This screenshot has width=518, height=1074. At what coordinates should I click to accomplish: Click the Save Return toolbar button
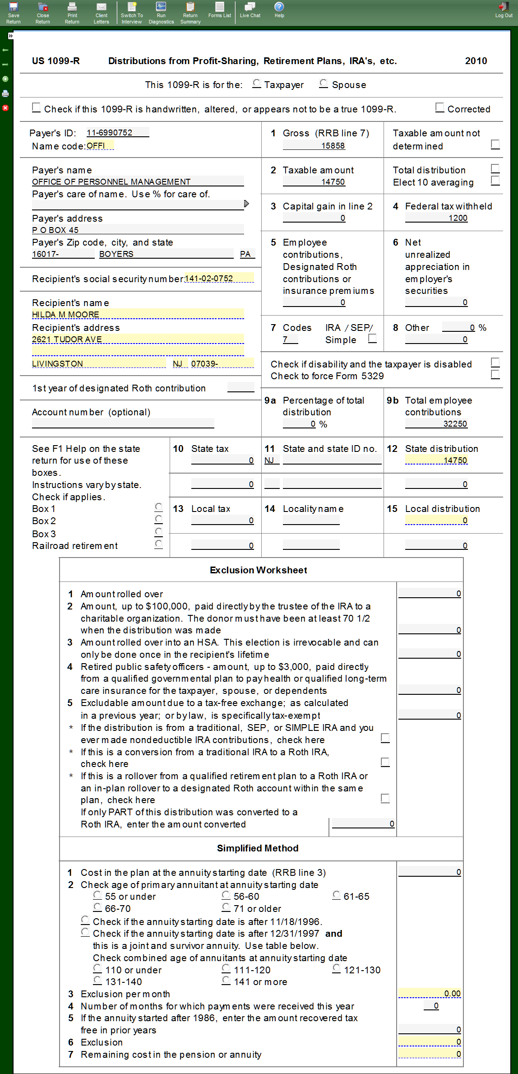[14, 13]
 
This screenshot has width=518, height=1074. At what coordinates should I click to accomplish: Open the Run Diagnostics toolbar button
[161, 13]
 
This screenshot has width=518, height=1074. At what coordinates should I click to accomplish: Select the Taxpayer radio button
[257, 84]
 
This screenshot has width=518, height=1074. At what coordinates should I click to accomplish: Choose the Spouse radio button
[324, 84]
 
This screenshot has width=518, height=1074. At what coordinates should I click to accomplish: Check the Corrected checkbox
[440, 108]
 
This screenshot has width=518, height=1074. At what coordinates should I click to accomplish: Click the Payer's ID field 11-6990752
[117, 133]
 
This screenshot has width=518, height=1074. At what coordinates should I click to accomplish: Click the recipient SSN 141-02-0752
[219, 279]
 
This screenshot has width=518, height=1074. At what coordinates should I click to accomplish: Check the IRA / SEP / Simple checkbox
[372, 339]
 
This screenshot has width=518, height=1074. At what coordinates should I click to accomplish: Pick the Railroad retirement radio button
[159, 544]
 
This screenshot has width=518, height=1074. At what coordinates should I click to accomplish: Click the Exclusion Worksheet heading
[259, 570]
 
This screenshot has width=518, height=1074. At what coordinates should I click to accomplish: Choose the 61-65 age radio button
[337, 895]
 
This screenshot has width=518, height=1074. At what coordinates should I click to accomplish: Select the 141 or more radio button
[226, 981]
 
